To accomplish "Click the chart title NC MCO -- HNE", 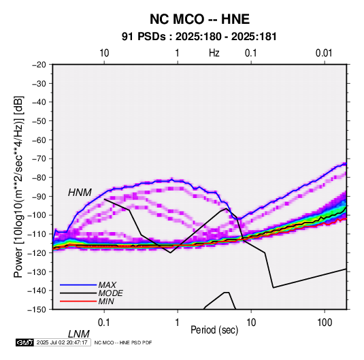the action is pyautogui.click(x=199, y=19).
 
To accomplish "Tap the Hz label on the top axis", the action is pyautogui.click(x=214, y=53).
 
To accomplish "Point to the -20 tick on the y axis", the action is pyautogui.click(x=39, y=65).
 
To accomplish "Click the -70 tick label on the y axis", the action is pyautogui.click(x=39, y=159).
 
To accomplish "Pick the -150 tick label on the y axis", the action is pyautogui.click(x=37, y=310).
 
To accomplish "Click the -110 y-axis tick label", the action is pyautogui.click(x=37, y=234).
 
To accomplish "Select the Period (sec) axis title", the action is pyautogui.click(x=214, y=330).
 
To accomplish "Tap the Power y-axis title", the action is pyautogui.click(x=18, y=187).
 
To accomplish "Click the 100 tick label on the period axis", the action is pyautogui.click(x=324, y=323).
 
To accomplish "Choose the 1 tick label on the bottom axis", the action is pyautogui.click(x=177, y=323).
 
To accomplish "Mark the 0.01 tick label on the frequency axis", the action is pyautogui.click(x=324, y=53).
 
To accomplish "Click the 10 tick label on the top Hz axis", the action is pyautogui.click(x=104, y=53).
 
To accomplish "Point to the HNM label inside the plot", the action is pyautogui.click(x=80, y=193).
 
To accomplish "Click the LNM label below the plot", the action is pyautogui.click(x=79, y=334).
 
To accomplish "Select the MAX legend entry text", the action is pyautogui.click(x=107, y=284).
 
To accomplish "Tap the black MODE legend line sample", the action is pyautogui.click(x=78, y=293).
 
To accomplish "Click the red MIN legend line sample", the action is pyautogui.click(x=78, y=301).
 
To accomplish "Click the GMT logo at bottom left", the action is pyautogui.click(x=25, y=342).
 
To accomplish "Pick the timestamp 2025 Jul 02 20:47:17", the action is pyautogui.click(x=62, y=342).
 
